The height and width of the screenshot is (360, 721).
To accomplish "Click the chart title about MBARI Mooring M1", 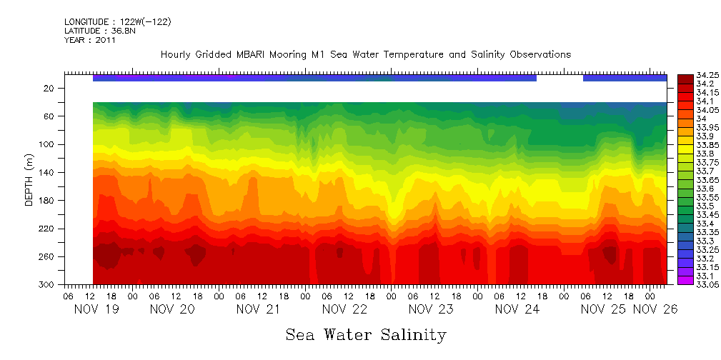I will coord(365,55).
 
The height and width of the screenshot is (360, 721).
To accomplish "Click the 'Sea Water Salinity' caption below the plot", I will coord(366,334).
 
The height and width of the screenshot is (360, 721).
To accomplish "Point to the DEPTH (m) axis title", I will coord(29,179).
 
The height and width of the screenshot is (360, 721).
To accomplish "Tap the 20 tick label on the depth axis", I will coord(50,88).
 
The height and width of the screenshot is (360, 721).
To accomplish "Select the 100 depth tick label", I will coord(48,144).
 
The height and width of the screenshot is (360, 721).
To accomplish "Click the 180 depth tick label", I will coord(48,200).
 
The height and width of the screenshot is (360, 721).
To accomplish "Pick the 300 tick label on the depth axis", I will coord(48,284).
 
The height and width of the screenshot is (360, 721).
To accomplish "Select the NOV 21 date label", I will coord(257,309).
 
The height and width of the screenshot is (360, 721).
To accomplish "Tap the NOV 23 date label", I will coord(431,309).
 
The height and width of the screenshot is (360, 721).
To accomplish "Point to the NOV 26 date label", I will coord(656,309).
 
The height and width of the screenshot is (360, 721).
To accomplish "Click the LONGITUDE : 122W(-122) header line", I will coord(117,22).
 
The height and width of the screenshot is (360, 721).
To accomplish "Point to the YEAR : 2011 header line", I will coord(90,41).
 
